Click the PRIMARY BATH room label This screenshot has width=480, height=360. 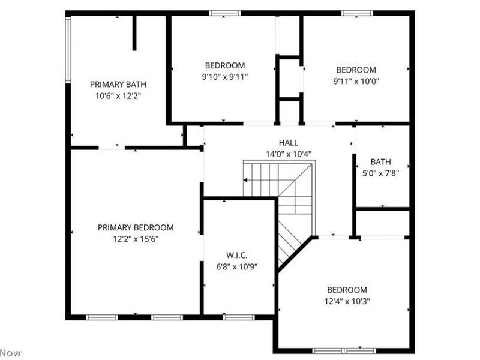118,85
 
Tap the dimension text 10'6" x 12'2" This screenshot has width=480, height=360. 118,95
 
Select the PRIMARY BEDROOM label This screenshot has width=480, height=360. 136,227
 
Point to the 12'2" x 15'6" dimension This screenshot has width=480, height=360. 136,238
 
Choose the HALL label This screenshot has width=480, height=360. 289,143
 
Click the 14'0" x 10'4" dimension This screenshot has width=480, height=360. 289,154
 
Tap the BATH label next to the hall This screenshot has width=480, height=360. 380,162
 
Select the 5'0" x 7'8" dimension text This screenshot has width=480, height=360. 380,173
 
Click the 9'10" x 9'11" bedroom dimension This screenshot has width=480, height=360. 225,76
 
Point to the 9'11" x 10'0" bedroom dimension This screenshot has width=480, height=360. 356,81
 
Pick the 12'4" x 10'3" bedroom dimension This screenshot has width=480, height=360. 347,301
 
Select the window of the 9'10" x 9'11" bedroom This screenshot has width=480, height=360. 225,13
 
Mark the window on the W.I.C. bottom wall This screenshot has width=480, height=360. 239,317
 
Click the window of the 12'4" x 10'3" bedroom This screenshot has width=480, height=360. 346,350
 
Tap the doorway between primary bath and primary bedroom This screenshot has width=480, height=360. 112,148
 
